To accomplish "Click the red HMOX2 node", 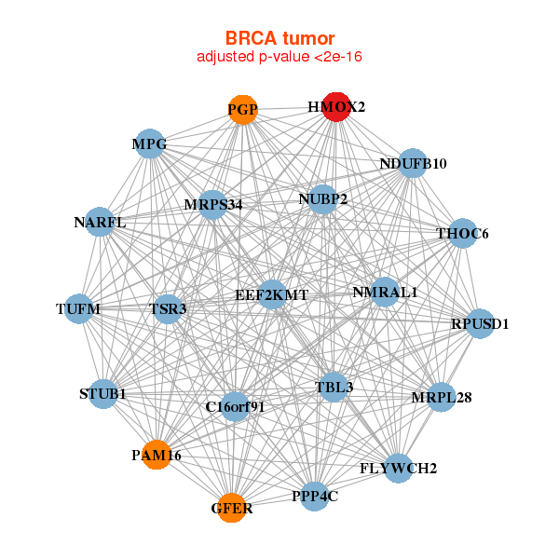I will coord(336,107).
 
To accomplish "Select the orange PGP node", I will coord(242,109).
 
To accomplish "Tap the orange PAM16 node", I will coord(157,455).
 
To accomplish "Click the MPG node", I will coord(150,144).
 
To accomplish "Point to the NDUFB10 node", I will coord(413,164).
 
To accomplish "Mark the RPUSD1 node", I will coord(480,324).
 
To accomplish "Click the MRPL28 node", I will coord(441,398).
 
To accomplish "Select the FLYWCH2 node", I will coord(399,468).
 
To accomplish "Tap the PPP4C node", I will coord(314,496).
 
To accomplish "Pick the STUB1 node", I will coord(103,395).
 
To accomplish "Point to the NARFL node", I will coord(99,223).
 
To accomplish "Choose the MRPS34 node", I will coord(213,205).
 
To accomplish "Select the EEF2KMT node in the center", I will coord(271,295).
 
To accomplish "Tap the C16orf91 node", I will coord(235,406).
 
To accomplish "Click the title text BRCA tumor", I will coord(279,38).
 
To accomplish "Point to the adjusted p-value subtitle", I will coord(279,57).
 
